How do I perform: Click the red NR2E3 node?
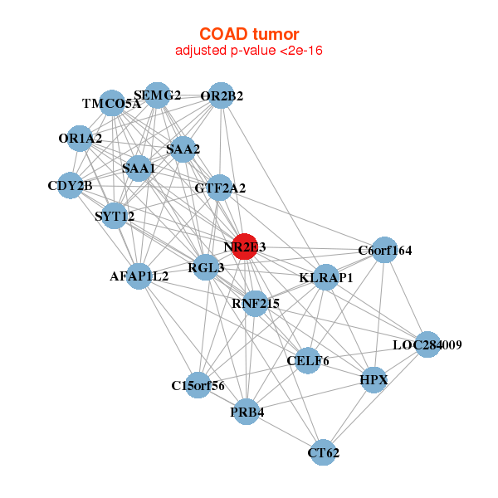(244, 247)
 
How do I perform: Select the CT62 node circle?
(324, 453)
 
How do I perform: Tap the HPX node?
(374, 379)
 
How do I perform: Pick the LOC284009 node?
(427, 344)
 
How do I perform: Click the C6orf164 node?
(384, 250)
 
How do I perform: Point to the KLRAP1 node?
(326, 277)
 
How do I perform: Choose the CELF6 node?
(308, 360)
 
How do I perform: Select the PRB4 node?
(247, 411)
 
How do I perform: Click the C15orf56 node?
(198, 385)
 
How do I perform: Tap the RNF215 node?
(255, 304)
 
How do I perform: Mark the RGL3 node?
(206, 267)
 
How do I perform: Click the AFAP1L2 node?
(140, 275)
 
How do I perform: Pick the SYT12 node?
(115, 217)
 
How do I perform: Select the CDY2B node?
(70, 185)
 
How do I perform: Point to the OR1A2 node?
(81, 138)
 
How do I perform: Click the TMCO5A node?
(112, 104)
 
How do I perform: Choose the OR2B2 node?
(222, 95)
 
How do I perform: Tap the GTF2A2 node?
(220, 188)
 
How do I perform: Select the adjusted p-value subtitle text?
(248, 51)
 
